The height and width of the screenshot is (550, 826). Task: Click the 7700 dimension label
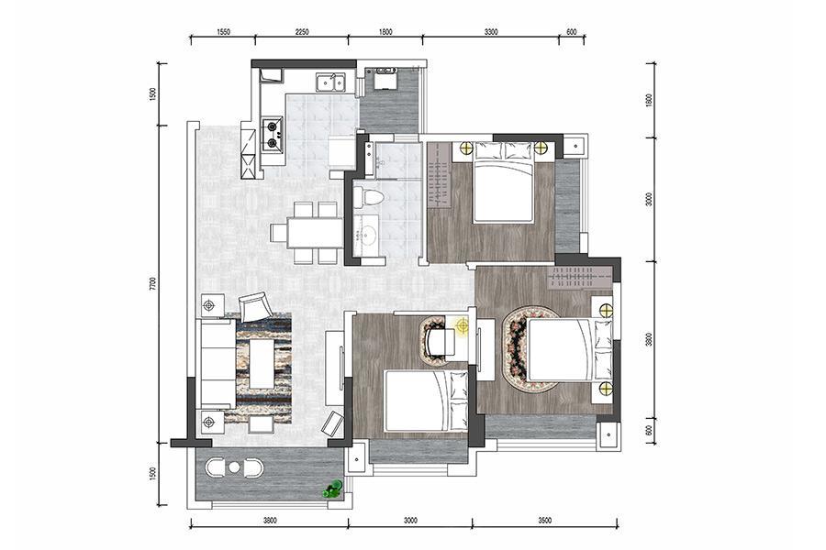coord(152,283)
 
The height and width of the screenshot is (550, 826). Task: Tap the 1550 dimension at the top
coord(223,31)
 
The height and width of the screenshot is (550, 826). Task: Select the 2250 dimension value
coord(302,31)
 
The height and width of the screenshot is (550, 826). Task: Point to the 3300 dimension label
coord(490,31)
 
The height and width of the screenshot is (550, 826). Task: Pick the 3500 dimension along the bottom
coord(545,521)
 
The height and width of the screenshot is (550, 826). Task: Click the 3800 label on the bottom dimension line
coord(269,521)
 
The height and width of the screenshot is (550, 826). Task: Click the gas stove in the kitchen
coord(273,134)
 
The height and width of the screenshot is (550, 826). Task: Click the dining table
coord(315,232)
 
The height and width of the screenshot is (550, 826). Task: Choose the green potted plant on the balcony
coord(333,490)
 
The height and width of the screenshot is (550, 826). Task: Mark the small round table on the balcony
coord(234,467)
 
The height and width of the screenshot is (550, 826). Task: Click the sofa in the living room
coord(218,363)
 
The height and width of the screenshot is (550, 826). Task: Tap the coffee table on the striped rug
coord(262,364)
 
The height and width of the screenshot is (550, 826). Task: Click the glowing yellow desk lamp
coord(463,326)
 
